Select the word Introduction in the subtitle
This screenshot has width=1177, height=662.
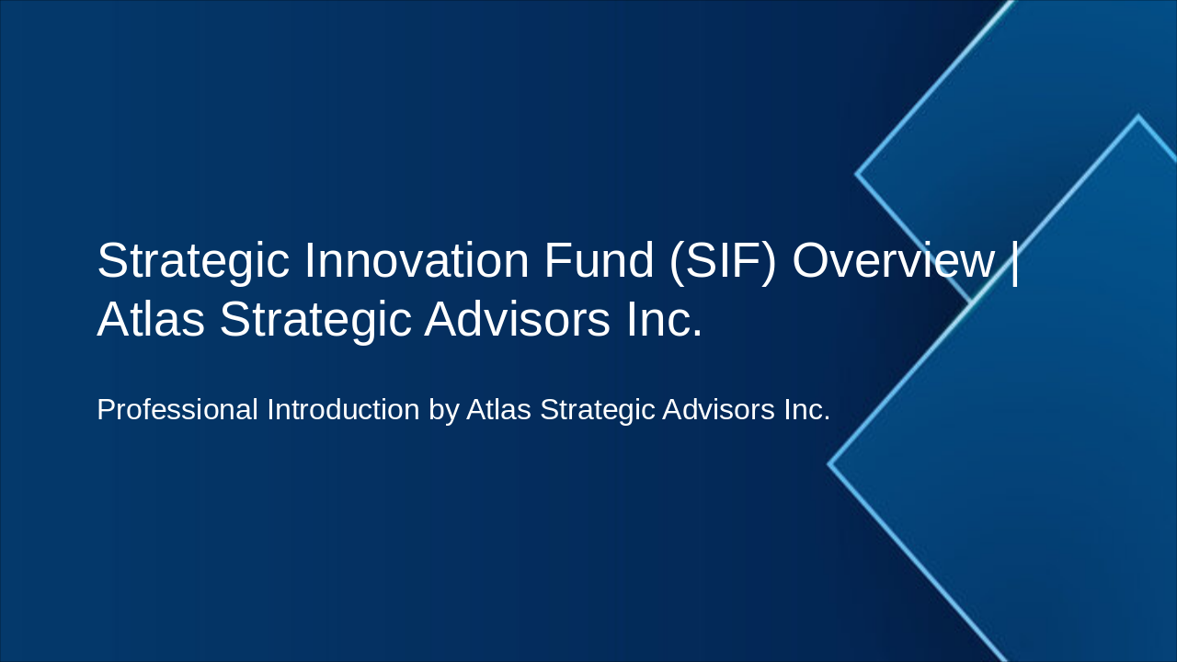coord(343,410)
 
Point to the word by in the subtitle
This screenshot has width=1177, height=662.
coord(443,411)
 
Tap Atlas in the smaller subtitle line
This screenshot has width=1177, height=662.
coord(498,410)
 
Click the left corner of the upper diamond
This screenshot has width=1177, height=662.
coord(858,173)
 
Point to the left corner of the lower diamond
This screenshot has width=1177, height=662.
coord(830,464)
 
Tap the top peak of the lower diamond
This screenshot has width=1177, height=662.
coord(1137,118)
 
